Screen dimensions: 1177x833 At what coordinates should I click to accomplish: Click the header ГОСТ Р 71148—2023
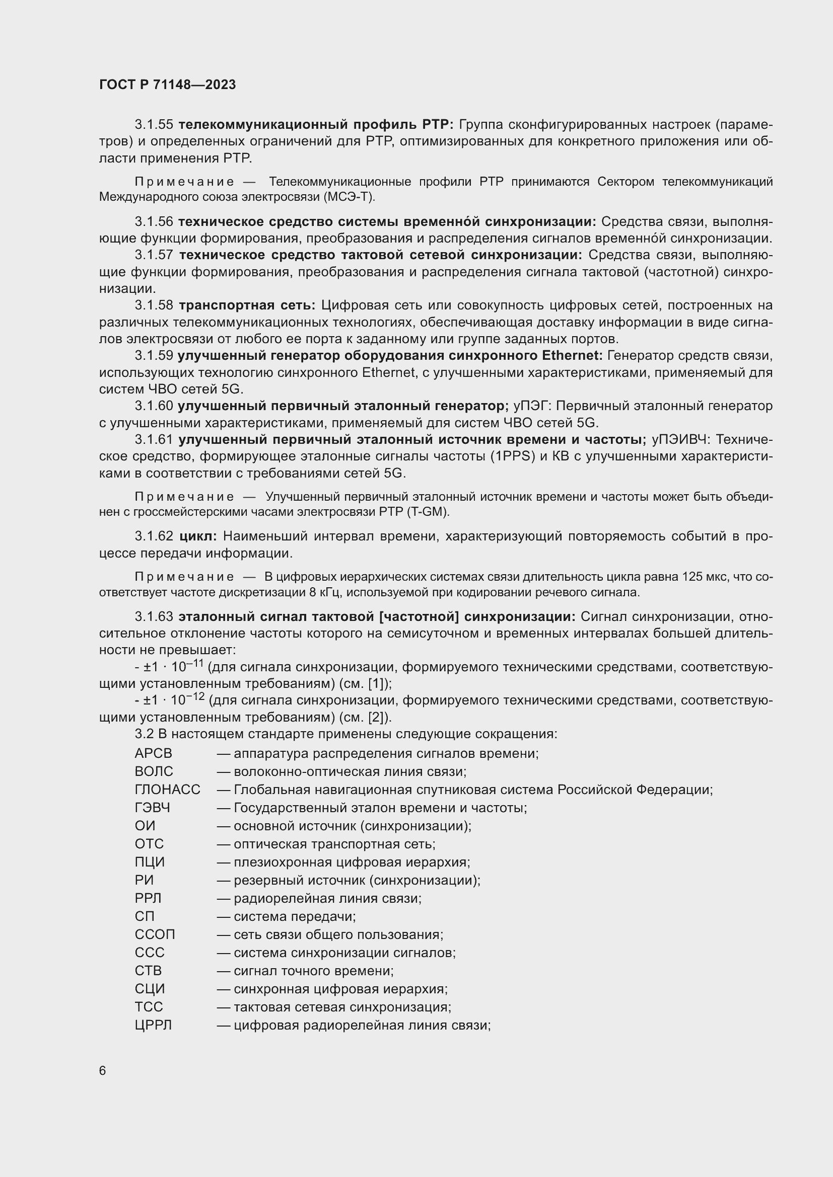[x=167, y=85]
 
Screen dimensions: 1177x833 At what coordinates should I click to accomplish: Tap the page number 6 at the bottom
[x=103, y=1071]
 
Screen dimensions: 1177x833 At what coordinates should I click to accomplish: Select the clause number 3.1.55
[x=154, y=125]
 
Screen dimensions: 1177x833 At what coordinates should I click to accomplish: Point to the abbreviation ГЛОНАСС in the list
[x=167, y=790]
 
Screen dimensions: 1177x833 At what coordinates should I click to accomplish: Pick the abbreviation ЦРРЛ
[x=154, y=1025]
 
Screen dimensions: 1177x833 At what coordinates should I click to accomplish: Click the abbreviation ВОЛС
[x=154, y=771]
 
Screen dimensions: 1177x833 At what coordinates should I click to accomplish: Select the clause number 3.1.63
[x=154, y=617]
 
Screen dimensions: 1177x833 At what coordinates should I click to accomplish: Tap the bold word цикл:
[x=198, y=537]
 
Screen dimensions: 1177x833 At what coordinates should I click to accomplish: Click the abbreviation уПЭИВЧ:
[x=681, y=440]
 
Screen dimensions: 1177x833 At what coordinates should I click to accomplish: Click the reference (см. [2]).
[x=365, y=717]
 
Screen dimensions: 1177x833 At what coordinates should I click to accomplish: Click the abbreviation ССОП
[x=155, y=934]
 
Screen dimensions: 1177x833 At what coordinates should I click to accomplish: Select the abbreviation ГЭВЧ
[x=152, y=808]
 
